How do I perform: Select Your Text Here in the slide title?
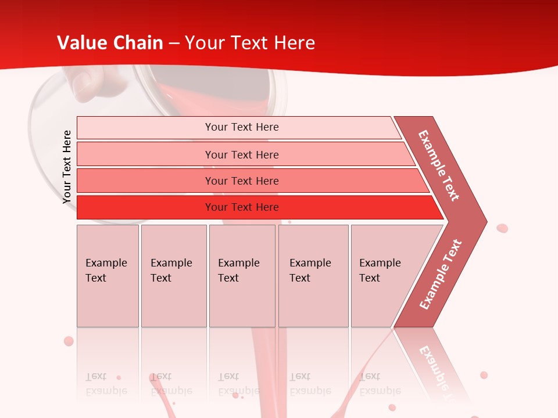pos(250,43)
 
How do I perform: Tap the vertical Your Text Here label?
pos(67,167)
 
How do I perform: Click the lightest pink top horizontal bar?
pos(241,127)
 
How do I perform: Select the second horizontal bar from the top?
pos(241,154)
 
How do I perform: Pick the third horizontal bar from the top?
pos(241,181)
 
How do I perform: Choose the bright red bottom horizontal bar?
pos(241,207)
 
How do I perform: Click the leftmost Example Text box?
pos(108,276)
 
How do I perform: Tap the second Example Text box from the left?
pos(173,276)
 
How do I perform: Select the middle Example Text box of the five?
pos(242,276)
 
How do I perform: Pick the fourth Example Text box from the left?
pos(313,276)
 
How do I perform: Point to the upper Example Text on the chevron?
pos(439,165)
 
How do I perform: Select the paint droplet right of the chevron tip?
pos(502,228)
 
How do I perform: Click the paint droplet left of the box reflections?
pos(69,341)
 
